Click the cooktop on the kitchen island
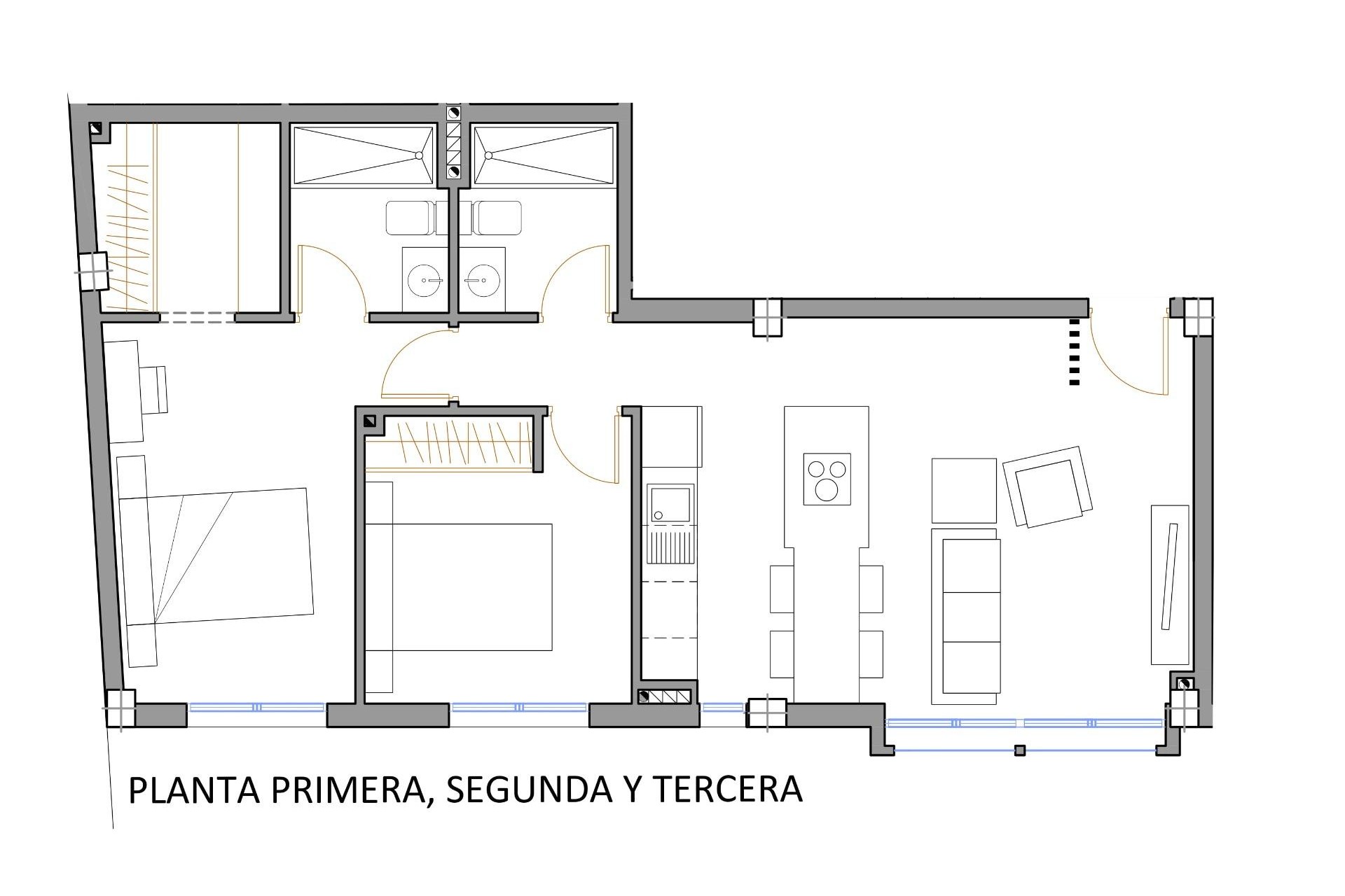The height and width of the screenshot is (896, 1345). tap(827, 479)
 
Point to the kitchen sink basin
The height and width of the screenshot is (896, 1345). tap(671, 504)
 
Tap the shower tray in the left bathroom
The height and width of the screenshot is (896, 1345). tap(363, 156)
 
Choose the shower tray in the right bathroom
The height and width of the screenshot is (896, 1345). tap(544, 156)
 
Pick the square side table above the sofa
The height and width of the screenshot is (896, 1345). tap(964, 490)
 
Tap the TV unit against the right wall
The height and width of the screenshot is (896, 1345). tap(1170, 584)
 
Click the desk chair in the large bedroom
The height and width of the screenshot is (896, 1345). tap(154, 389)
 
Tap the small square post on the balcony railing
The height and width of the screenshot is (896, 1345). tap(1020, 750)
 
